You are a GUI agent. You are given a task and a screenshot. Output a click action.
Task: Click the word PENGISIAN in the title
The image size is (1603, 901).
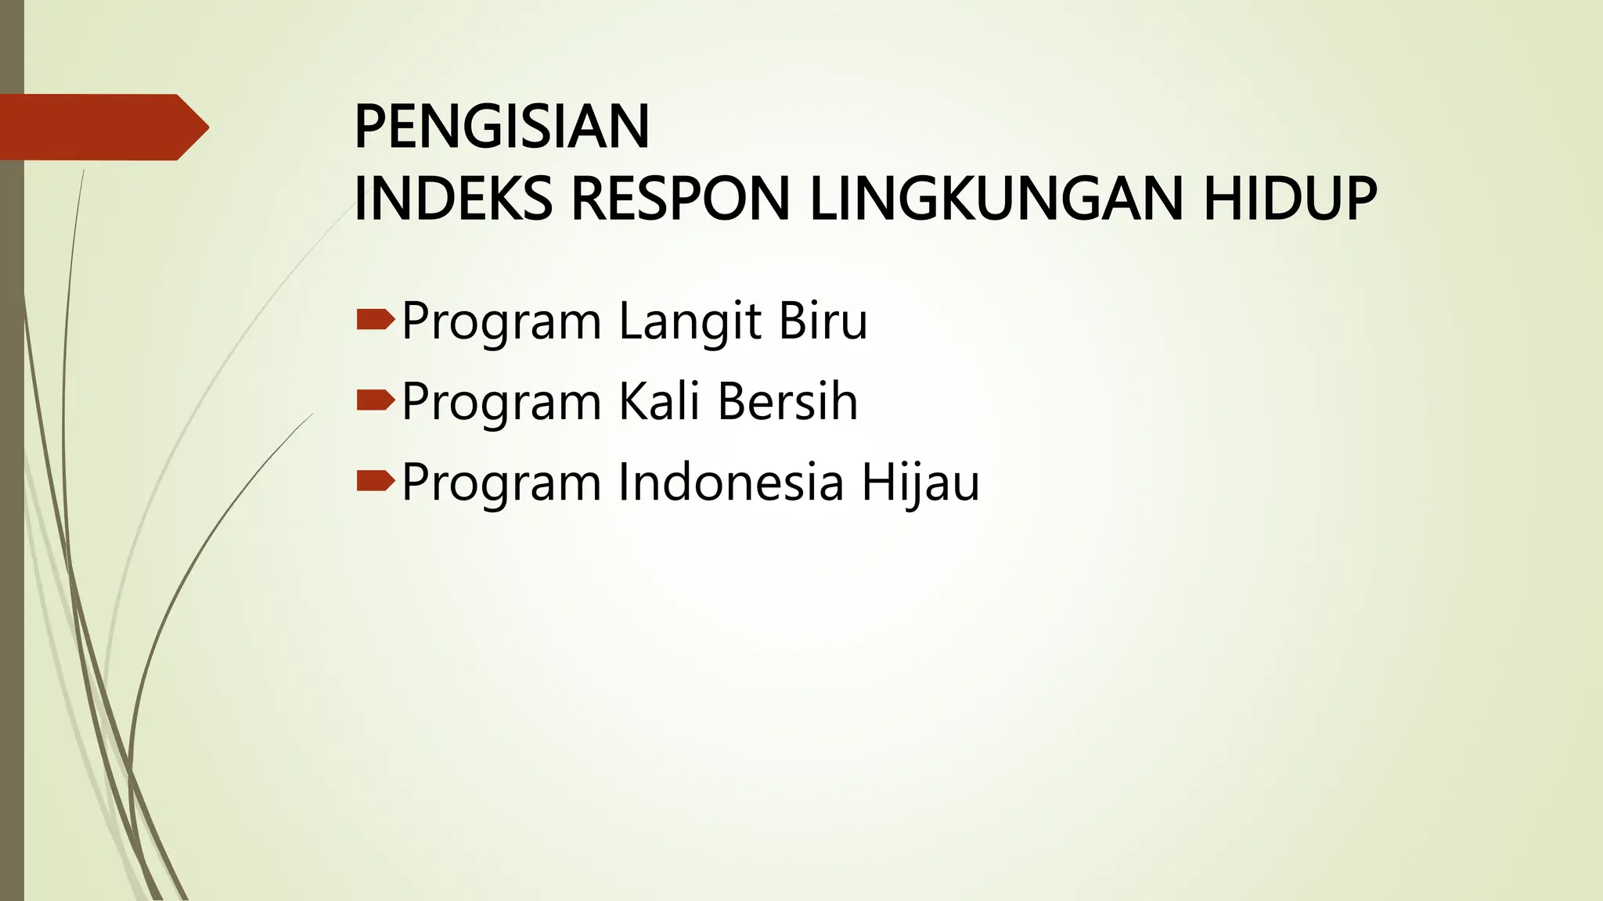(502, 127)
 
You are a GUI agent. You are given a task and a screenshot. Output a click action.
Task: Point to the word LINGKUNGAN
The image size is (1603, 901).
(995, 199)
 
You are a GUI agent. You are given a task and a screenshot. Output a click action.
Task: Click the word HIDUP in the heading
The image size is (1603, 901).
(1289, 199)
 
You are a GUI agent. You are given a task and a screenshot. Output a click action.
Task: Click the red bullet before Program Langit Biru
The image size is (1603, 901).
(375, 320)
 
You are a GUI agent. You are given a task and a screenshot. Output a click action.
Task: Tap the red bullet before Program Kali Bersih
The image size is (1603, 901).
(375, 401)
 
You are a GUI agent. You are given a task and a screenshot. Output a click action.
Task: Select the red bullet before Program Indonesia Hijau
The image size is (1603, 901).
(375, 482)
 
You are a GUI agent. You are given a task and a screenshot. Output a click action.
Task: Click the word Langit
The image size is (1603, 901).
(690, 321)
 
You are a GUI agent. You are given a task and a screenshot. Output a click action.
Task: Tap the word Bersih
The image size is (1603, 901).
(787, 402)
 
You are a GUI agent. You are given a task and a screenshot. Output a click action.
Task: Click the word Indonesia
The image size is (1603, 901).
(731, 483)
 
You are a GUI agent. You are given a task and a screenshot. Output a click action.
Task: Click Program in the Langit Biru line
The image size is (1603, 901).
(501, 323)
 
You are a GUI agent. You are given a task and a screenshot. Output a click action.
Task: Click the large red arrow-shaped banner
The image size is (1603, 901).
(94, 127)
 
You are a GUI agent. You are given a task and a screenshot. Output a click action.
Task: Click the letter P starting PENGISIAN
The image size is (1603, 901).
(369, 127)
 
